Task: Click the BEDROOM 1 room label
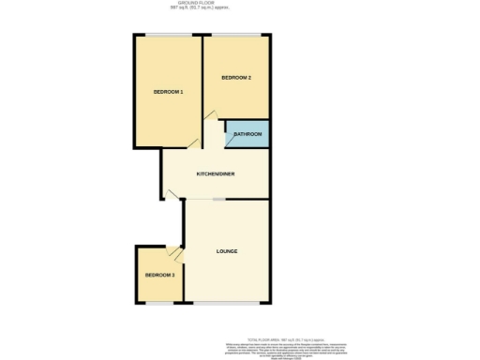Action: [x=169, y=92]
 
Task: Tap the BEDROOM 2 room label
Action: [x=235, y=77]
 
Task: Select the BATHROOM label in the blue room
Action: [x=247, y=135]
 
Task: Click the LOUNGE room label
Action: [x=226, y=251]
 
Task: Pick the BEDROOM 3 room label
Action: [x=159, y=275]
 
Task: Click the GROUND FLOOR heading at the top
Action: [x=197, y=3]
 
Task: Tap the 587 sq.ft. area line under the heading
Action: [x=197, y=8]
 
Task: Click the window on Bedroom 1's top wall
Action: [x=169, y=36]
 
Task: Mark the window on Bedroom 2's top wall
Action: [x=236, y=36]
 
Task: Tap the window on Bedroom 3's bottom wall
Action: [x=158, y=302]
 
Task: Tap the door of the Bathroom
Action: [x=229, y=138]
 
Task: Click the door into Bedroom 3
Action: [x=174, y=251]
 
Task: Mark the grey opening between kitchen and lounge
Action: [x=217, y=200]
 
